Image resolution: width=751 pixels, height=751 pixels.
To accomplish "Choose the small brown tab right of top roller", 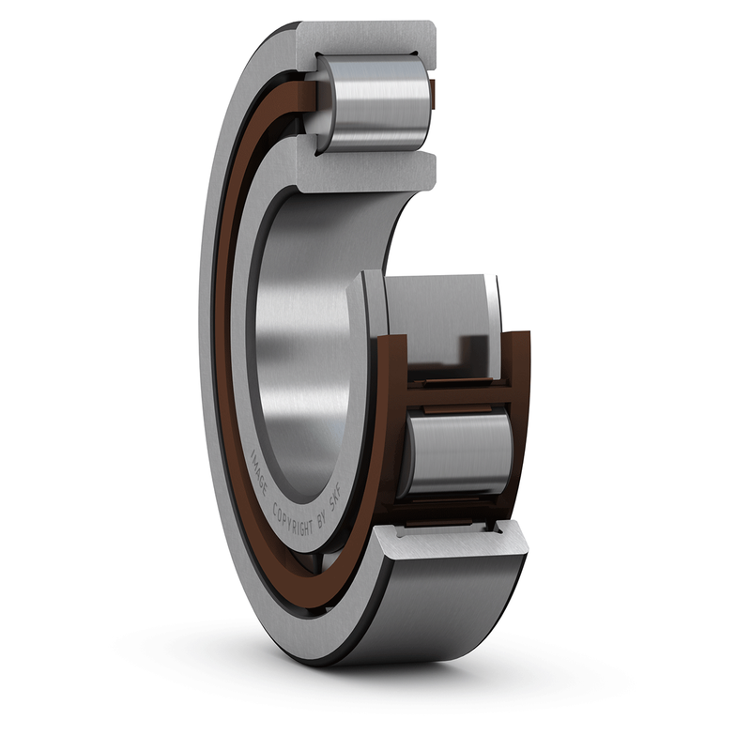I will [433, 91].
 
